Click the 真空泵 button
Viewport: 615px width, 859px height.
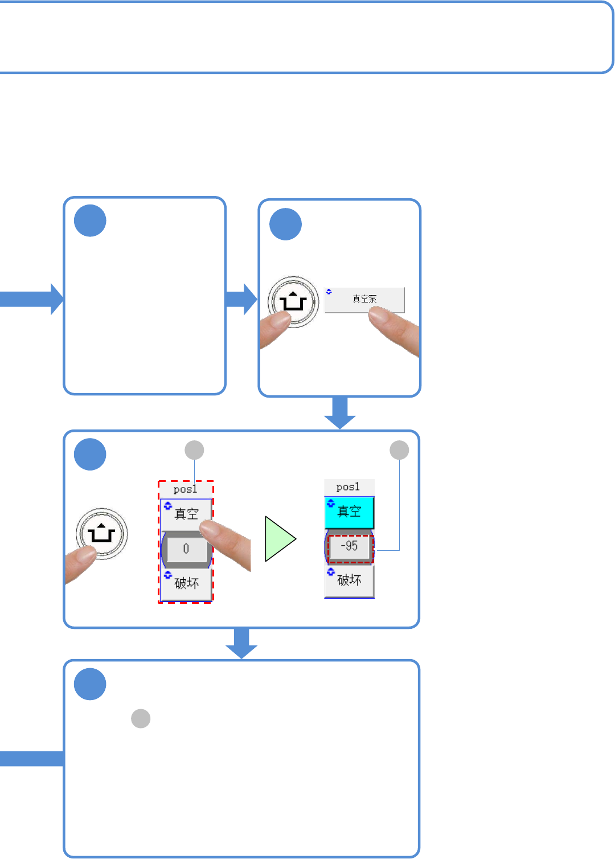364,300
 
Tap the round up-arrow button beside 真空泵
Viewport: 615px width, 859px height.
293,301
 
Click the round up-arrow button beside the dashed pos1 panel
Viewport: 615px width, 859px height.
101,534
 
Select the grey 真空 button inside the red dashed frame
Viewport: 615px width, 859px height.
186,514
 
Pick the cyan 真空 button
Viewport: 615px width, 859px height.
349,512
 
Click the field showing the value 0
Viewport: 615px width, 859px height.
186,549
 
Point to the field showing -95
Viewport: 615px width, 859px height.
350,547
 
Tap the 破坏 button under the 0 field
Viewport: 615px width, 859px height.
186,583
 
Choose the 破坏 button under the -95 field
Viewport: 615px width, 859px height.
349,580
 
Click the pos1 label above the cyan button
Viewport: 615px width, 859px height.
348,487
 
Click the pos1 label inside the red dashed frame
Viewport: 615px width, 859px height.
186,489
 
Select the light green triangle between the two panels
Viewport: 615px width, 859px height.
280,538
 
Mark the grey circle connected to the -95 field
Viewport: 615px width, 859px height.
399,450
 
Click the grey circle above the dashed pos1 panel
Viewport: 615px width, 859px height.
195,450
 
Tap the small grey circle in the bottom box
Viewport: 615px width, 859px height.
141,718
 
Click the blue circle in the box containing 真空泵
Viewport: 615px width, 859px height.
285,224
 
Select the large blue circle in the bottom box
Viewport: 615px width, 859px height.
90,684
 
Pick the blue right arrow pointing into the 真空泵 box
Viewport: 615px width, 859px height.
241,299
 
